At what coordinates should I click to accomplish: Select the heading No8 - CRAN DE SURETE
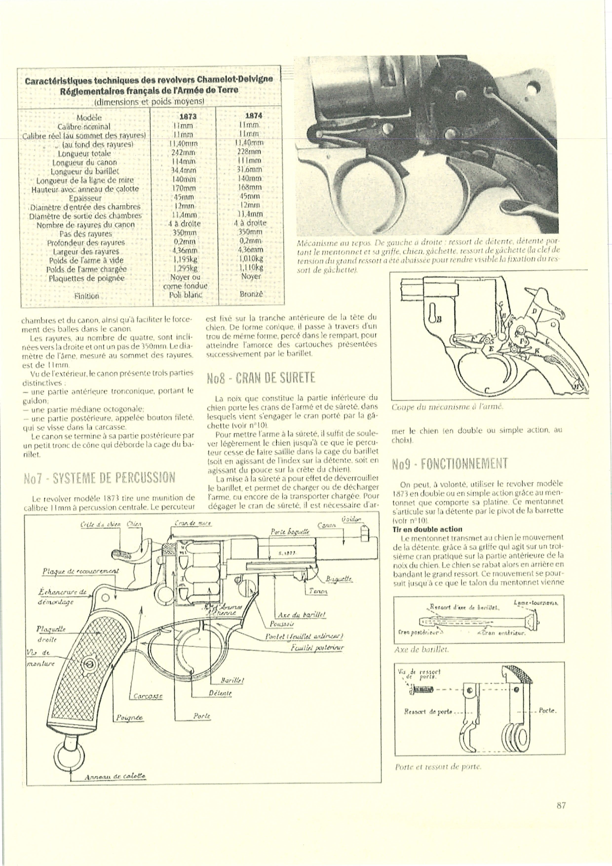(261, 378)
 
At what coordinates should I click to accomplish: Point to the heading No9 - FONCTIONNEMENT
(450, 463)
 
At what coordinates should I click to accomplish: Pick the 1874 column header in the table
(253, 116)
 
